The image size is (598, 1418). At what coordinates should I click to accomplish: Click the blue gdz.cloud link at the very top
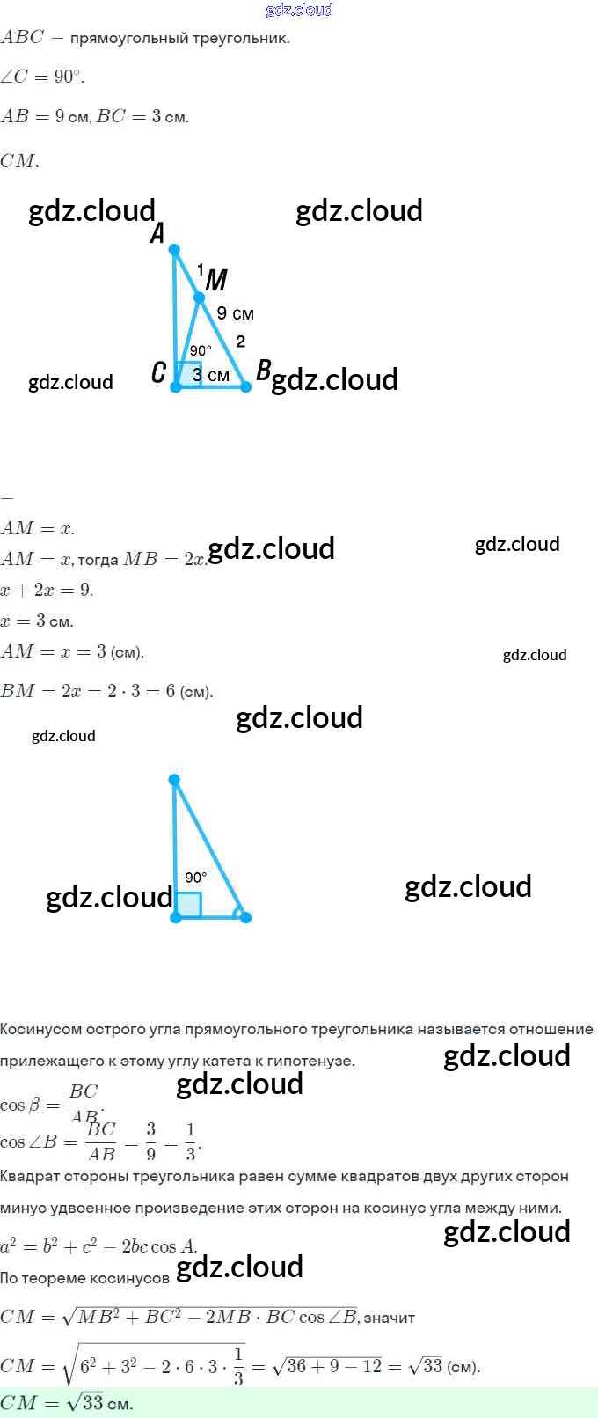click(299, 10)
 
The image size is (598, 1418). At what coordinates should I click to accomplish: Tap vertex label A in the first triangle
click(157, 233)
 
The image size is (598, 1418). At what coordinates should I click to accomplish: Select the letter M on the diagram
click(216, 280)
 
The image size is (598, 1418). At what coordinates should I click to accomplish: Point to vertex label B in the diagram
click(263, 371)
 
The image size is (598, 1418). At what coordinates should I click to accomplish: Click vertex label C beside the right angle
click(158, 372)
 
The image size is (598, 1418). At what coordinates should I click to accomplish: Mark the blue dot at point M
click(199, 298)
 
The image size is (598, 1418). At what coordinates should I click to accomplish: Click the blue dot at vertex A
click(174, 250)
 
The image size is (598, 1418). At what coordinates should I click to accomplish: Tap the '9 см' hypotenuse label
click(235, 313)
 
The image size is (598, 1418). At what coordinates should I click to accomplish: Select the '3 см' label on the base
click(211, 375)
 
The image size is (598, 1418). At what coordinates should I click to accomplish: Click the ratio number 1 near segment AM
click(200, 269)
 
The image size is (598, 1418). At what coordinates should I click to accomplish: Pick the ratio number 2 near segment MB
click(240, 342)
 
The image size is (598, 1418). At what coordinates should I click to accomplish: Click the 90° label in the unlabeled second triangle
click(196, 877)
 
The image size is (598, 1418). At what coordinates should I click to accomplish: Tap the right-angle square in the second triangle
click(189, 905)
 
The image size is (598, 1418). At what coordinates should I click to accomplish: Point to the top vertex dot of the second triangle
click(174, 780)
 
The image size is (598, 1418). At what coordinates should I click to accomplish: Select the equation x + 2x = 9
click(47, 590)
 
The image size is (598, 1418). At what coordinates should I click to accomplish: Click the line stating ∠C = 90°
click(42, 77)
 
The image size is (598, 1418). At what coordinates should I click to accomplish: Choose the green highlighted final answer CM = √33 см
click(67, 1403)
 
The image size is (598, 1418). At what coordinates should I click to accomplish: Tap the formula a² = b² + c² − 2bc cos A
click(98, 1246)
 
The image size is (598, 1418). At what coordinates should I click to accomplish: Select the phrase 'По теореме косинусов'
click(84, 1278)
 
